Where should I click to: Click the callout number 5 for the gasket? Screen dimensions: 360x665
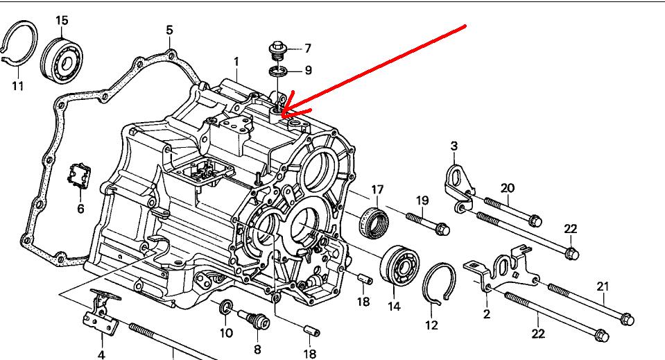coord(169,30)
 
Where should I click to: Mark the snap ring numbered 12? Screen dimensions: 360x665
coord(440,284)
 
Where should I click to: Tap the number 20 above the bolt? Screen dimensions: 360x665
coord(508,188)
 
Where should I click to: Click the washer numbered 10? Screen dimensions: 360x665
coord(226,307)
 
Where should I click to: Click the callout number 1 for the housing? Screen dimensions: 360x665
coord(236,61)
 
